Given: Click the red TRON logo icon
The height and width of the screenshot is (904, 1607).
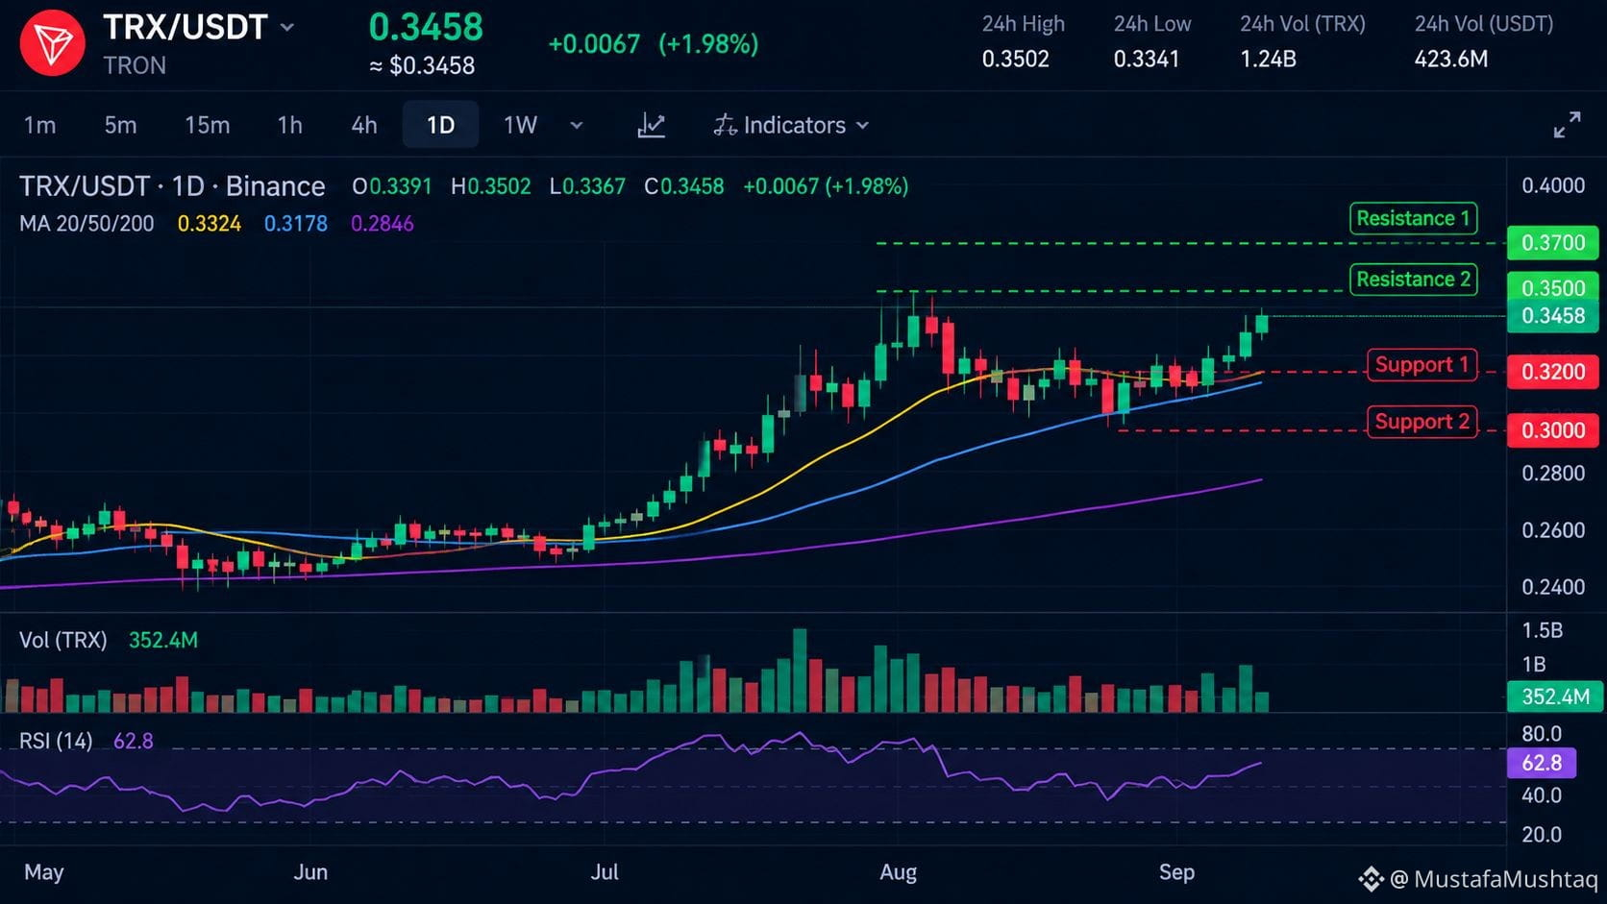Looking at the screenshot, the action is [x=52, y=43].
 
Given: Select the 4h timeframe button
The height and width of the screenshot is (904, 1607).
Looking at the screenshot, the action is [x=363, y=126].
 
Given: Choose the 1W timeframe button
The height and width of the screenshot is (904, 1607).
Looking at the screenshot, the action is [x=520, y=126].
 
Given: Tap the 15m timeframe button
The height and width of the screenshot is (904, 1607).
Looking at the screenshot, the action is [x=208, y=126].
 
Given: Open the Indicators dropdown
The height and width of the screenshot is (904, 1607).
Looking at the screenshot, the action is [x=791, y=126].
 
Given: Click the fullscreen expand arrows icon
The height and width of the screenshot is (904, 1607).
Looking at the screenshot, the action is [x=1567, y=125].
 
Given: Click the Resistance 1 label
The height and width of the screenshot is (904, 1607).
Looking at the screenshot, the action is [x=1413, y=219].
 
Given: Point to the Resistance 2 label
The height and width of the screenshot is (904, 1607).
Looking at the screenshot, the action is [x=1413, y=279].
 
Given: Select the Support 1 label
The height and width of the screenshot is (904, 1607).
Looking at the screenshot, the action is [x=1422, y=365].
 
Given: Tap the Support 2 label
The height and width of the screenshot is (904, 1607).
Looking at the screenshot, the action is [x=1422, y=422].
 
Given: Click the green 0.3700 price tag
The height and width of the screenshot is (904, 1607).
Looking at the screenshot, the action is [x=1553, y=242].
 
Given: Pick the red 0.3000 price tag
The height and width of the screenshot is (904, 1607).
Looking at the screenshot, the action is [x=1553, y=430].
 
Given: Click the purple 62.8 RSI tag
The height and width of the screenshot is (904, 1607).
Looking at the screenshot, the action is [x=1542, y=763].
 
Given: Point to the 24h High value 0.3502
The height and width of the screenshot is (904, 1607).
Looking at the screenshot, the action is [x=1015, y=59].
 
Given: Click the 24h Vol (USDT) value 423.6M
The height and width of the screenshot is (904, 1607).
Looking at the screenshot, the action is [x=1450, y=59].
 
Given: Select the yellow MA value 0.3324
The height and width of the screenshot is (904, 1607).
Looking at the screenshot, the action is [x=209, y=224].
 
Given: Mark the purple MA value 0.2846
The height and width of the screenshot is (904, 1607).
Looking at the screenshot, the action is [x=382, y=224].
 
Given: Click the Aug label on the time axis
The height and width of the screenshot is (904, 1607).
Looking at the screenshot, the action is [x=899, y=872].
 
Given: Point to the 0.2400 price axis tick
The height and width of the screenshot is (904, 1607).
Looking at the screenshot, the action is [x=1553, y=587].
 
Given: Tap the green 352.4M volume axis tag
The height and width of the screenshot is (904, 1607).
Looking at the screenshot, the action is [x=1555, y=696].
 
